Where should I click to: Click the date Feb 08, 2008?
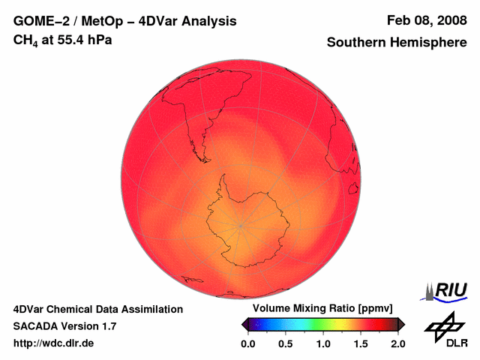426,21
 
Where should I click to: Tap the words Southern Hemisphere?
397,43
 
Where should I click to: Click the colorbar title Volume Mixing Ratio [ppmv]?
319,309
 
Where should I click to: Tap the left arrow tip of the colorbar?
243,324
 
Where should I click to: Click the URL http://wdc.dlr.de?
54,343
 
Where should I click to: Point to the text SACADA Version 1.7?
64,326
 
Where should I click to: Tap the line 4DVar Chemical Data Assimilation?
97,309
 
